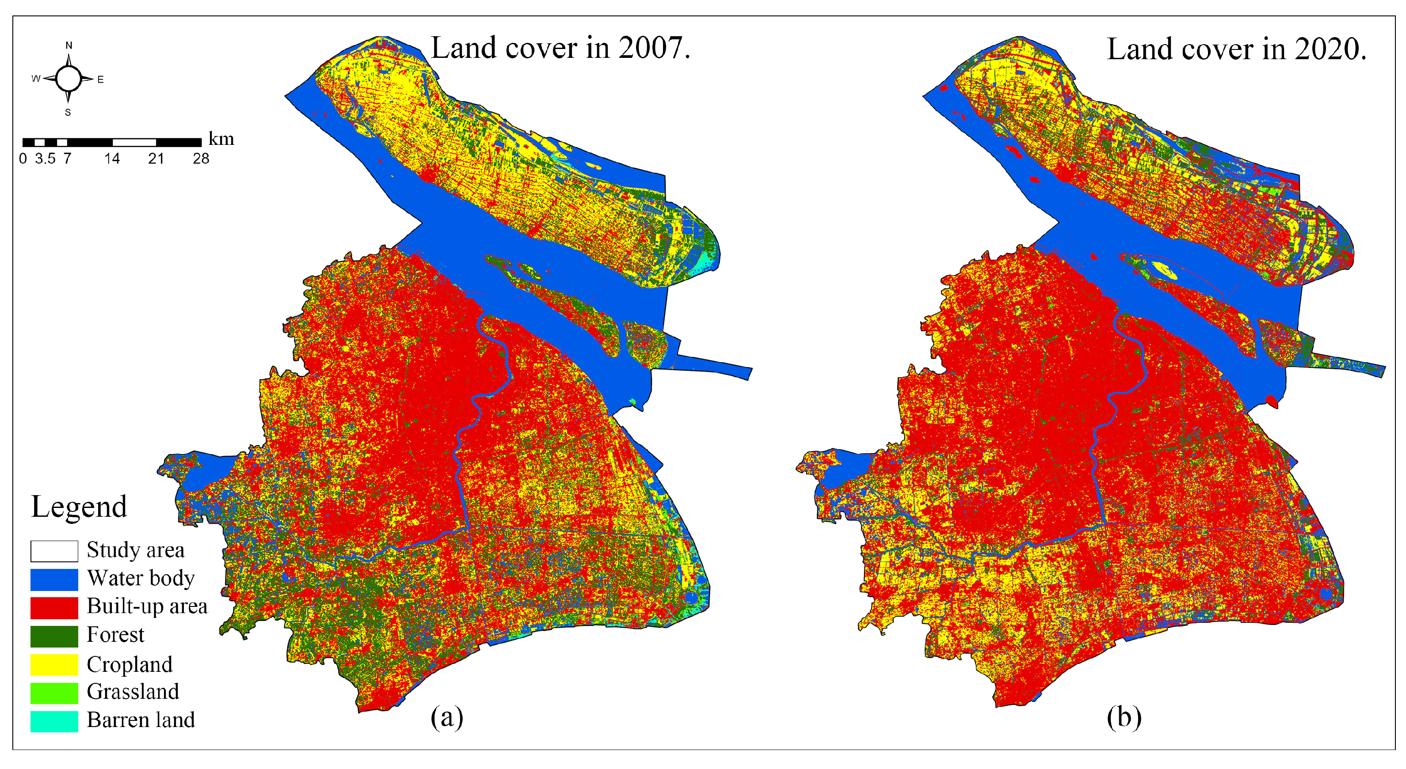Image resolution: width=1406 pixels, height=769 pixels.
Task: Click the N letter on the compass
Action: point(69,45)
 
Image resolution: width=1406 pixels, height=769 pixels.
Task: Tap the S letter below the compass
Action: point(68,112)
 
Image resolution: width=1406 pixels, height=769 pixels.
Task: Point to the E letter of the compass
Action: point(100,80)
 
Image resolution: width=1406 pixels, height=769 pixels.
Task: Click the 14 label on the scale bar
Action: point(112,159)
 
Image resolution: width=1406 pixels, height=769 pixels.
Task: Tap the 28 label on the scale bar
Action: point(201,159)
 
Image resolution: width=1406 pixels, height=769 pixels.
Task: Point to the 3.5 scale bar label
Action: point(45,159)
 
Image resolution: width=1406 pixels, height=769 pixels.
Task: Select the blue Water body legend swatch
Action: point(54,579)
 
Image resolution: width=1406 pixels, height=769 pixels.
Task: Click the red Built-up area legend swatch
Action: point(54,608)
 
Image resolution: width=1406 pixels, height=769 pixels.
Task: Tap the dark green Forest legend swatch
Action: point(54,636)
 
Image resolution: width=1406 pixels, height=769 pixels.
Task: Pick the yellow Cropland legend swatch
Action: point(54,665)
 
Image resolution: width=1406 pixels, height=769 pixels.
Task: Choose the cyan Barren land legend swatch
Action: point(54,721)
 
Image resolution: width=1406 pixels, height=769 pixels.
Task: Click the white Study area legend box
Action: point(54,551)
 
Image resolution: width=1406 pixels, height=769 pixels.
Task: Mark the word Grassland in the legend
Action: point(133,692)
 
